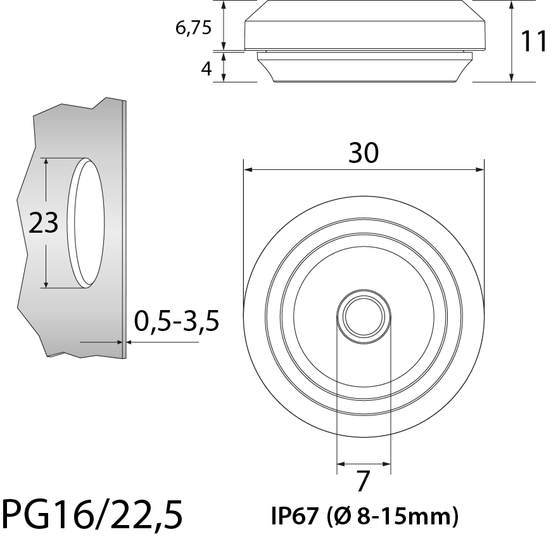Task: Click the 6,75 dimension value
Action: coord(194,28)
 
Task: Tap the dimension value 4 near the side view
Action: coord(206,68)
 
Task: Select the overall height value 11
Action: coord(533,41)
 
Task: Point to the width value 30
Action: coord(364,153)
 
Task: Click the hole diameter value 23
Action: coord(43,223)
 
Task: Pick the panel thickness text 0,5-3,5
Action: coord(177,321)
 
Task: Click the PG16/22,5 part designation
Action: coord(92,515)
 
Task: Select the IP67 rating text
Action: coord(295,516)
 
